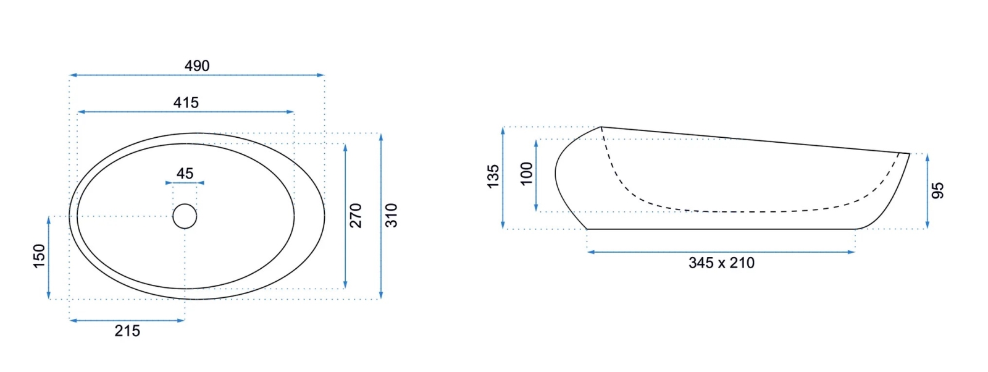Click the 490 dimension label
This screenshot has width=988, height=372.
pos(197,66)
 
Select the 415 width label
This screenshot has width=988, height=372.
pos(186,103)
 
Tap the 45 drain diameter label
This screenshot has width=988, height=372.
pos(185,173)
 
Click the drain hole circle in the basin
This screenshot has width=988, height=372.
pos(185,216)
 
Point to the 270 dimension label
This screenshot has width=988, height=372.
pos(356,216)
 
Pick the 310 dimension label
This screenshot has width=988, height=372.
pos(391,216)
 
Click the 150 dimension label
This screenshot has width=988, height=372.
pos(40,256)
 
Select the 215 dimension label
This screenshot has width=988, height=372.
pos(127,331)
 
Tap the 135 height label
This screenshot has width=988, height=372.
pos(493,177)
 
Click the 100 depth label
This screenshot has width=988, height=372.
pos(527,174)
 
